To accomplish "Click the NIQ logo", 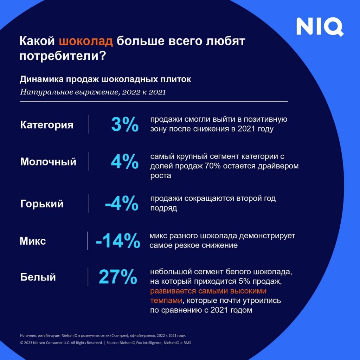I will [320, 27].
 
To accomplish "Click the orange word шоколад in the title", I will [86, 41].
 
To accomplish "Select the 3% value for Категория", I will [125, 124].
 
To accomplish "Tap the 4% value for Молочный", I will [125, 162].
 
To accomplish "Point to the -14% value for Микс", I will [118, 241].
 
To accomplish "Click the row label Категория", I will [47, 125].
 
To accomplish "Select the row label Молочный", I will [48, 162].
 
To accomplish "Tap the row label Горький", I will [42, 204].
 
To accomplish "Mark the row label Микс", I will [33, 241].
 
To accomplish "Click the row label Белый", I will [38, 277].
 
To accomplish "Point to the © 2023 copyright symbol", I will [22, 342].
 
